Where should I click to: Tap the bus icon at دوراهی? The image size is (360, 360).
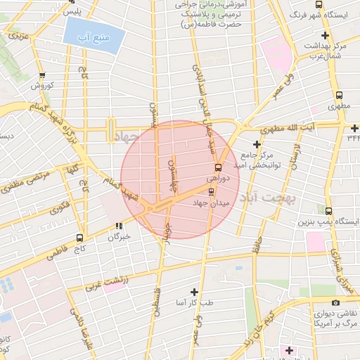click(217, 167)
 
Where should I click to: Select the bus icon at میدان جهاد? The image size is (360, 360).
click(212, 191)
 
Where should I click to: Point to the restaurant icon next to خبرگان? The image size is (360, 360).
click(118, 226)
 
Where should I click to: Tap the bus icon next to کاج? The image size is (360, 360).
click(79, 238)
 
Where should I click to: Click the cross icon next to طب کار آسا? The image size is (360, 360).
click(195, 291)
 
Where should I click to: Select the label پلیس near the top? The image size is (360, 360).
click(70, 13)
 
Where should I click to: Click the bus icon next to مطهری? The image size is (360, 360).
click(339, 96)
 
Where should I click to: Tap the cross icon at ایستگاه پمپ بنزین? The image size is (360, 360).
click(328, 210)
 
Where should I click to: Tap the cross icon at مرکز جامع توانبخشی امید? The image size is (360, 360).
click(257, 143)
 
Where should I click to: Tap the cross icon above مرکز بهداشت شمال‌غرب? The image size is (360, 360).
click(324, 35)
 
